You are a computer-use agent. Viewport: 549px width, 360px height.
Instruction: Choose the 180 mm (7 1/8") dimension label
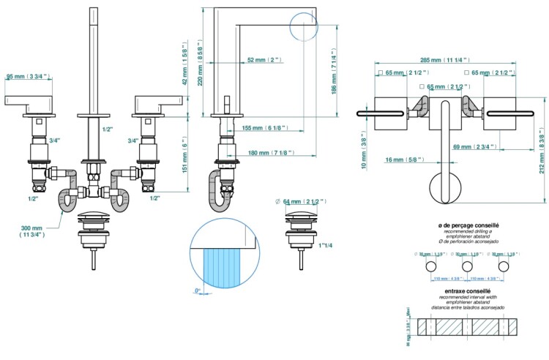[x=272, y=153]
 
